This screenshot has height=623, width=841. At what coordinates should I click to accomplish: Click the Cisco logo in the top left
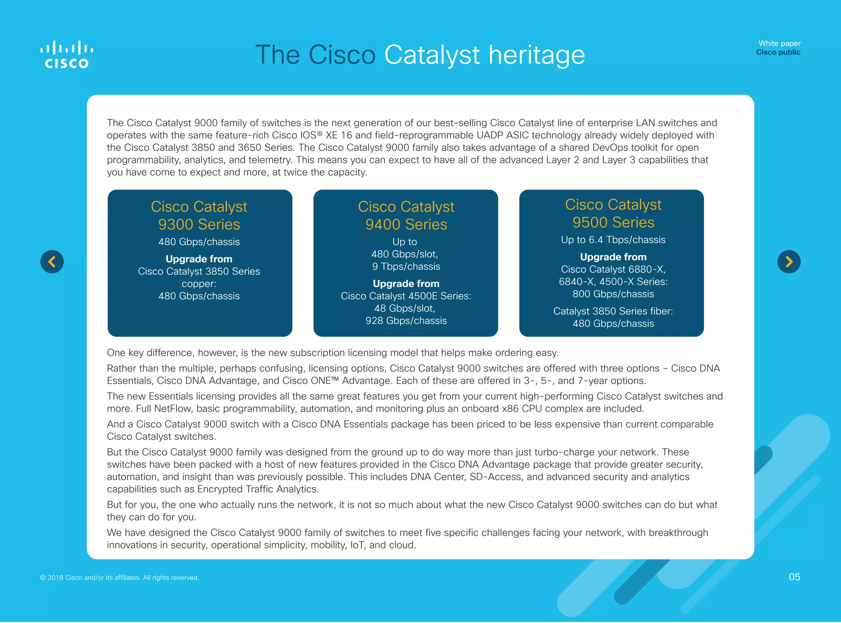pyautogui.click(x=67, y=55)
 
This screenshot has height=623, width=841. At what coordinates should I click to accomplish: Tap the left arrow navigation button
pyautogui.click(x=52, y=262)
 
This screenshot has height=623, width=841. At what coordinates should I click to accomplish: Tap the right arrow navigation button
pyautogui.click(x=789, y=262)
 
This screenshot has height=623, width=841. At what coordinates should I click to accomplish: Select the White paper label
pyautogui.click(x=779, y=43)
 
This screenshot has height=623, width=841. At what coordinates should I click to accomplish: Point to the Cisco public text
pyautogui.click(x=778, y=52)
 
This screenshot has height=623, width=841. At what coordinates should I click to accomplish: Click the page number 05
pyautogui.click(x=794, y=577)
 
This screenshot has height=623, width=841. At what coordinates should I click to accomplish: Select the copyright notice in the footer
pyautogui.click(x=119, y=577)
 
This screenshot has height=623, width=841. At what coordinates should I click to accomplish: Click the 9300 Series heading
pyautogui.click(x=199, y=224)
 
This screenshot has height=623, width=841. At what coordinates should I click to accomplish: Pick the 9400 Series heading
pyautogui.click(x=406, y=224)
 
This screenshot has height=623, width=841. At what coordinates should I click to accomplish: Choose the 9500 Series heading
pyautogui.click(x=613, y=222)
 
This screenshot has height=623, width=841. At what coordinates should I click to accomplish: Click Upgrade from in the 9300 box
pyautogui.click(x=199, y=259)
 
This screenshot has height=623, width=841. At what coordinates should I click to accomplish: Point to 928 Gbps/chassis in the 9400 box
pyautogui.click(x=406, y=321)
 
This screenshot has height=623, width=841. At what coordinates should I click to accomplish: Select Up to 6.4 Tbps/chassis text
pyautogui.click(x=613, y=240)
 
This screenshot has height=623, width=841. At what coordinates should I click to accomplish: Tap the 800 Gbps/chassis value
pyautogui.click(x=613, y=294)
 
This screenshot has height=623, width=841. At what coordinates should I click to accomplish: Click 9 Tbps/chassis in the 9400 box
pyautogui.click(x=406, y=267)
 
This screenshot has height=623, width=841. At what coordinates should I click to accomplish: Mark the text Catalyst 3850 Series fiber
pyautogui.click(x=613, y=311)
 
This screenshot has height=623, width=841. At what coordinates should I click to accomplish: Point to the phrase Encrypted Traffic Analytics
pyautogui.click(x=257, y=489)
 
